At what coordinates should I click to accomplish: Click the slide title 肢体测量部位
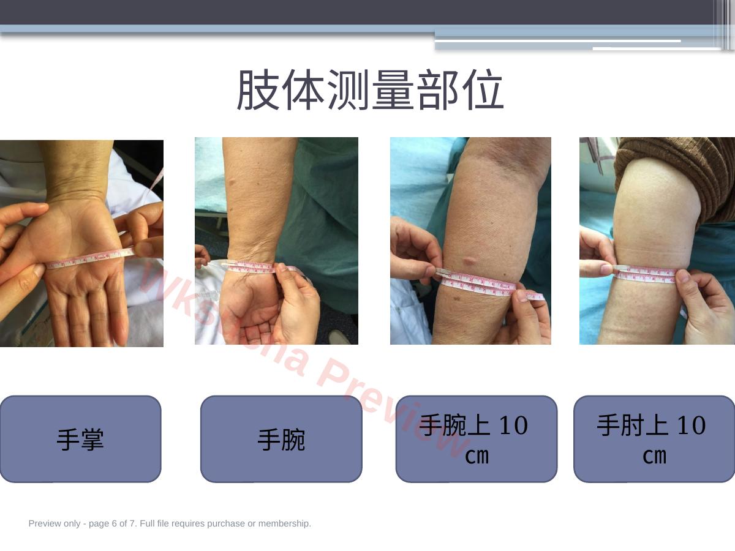[x=371, y=89]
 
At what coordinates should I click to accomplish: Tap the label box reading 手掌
[x=80, y=439]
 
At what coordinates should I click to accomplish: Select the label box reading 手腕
[x=281, y=439]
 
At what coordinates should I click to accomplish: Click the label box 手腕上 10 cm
[x=477, y=439]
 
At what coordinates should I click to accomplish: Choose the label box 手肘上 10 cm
[x=654, y=439]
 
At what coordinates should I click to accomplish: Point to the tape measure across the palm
[x=91, y=258]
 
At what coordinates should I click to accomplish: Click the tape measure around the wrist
[x=254, y=267]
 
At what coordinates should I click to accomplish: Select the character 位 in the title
[x=483, y=89]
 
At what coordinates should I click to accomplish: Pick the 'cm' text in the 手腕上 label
[x=477, y=455]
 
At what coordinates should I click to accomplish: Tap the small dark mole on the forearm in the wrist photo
[x=232, y=182]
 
